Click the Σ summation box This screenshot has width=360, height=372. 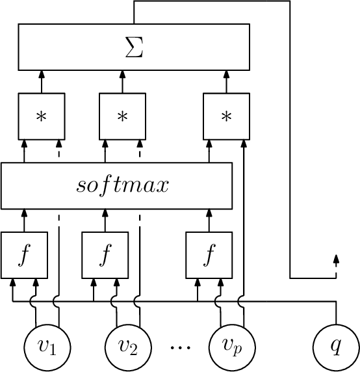point(134,47)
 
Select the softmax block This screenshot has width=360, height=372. point(117,185)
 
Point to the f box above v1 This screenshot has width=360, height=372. point(24,254)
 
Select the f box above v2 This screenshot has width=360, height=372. point(105,254)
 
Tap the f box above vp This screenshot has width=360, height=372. point(209,254)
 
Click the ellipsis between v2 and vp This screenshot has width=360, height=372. point(177,347)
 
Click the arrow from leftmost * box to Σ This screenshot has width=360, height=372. point(42,81)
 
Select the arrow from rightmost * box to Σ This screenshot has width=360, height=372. point(226,81)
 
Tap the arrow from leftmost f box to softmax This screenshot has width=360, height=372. point(24,219)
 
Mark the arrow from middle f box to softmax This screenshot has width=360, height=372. point(105,219)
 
